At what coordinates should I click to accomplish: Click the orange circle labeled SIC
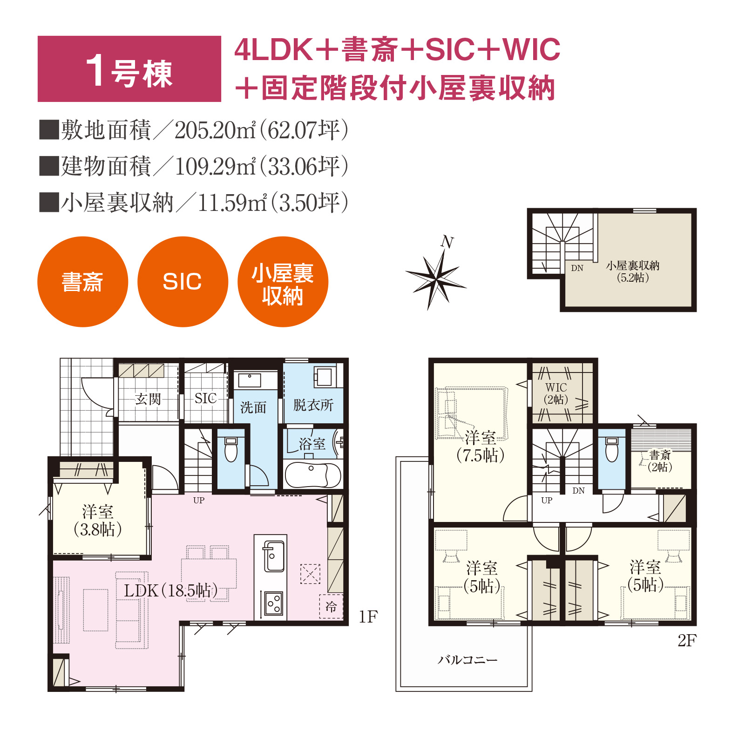point(183,282)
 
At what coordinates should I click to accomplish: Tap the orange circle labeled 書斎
point(82,282)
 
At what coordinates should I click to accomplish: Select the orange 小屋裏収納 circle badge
point(283,282)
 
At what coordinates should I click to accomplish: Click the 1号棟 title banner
point(129,69)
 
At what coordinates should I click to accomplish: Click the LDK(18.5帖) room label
point(170,590)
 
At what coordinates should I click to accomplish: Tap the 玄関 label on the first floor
point(148,399)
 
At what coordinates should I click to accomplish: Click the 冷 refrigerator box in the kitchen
point(331,606)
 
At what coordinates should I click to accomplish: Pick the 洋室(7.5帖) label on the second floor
point(481,447)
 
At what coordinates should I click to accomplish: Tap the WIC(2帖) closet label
point(556,393)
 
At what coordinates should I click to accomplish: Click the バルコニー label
point(467,660)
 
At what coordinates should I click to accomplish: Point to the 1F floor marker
point(368,617)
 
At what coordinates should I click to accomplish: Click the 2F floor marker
point(687,641)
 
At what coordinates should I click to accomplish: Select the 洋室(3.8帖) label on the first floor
point(98,521)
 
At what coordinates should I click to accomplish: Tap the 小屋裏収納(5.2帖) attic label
point(633,271)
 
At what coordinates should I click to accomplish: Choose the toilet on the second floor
point(612,449)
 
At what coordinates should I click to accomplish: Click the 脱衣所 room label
point(313,405)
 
